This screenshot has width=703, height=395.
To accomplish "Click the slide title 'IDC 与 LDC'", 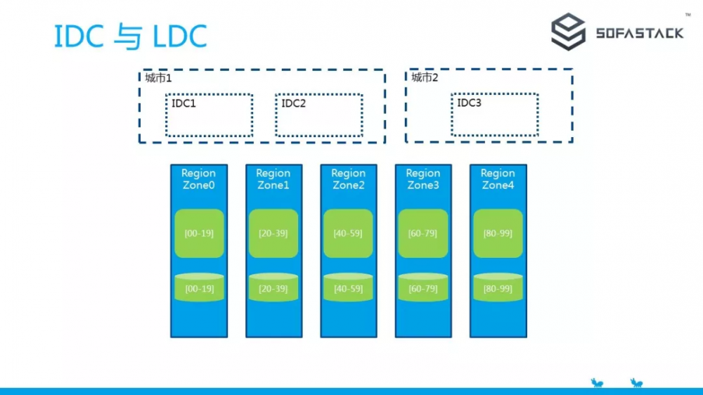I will [x=131, y=37].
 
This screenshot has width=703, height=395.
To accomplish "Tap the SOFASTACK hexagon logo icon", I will [x=568, y=32].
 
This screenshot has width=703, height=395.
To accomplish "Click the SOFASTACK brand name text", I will [x=639, y=33].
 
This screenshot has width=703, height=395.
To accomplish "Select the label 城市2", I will [x=425, y=77].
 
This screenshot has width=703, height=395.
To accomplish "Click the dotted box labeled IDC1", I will [x=209, y=115].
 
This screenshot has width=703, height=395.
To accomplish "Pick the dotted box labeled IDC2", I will [x=319, y=115].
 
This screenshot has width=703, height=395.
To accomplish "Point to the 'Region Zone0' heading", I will [x=199, y=179].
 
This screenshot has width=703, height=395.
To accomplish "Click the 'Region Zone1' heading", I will [x=273, y=179].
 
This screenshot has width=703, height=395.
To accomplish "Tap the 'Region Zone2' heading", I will [x=349, y=179].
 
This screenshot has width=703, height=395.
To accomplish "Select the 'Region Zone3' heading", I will [x=423, y=179].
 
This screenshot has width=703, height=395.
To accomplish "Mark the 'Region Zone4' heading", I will [x=498, y=179].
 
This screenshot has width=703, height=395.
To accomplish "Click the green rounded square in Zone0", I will [x=199, y=233].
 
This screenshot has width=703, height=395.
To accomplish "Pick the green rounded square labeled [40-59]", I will [x=349, y=233].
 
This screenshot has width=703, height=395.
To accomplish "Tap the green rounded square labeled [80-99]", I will [x=498, y=233].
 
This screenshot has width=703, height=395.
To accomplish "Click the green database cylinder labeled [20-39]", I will [x=273, y=287].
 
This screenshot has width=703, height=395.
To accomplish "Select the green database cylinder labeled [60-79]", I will [x=423, y=287].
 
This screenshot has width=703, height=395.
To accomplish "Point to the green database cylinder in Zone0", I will [x=199, y=287].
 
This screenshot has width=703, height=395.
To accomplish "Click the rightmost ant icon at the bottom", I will [x=636, y=383].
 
